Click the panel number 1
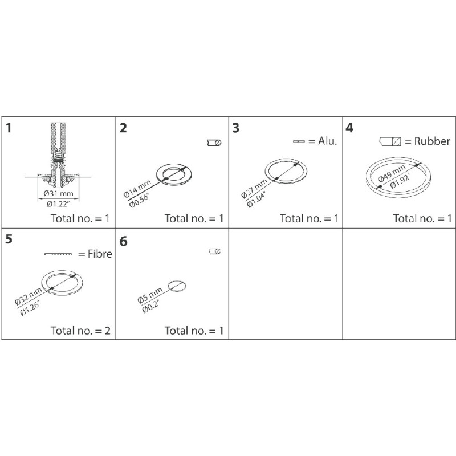tap(9, 128)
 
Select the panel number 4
tap(349, 128)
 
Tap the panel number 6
tap(124, 242)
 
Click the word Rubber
tap(431, 141)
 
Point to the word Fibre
tap(99, 254)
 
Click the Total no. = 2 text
tap(80, 330)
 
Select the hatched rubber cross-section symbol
tap(392, 141)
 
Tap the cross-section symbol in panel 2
tap(214, 142)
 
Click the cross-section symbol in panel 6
tap(215, 251)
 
